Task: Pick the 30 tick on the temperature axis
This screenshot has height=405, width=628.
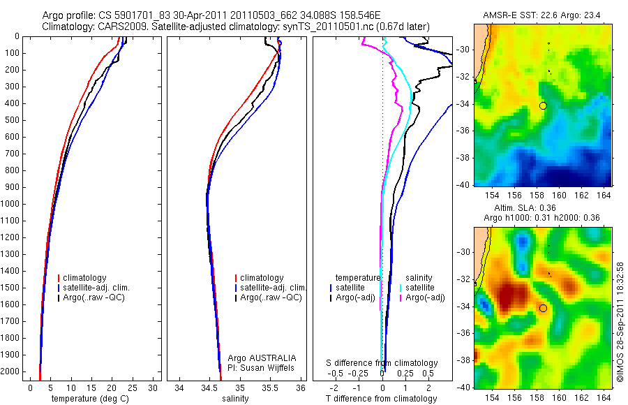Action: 154,388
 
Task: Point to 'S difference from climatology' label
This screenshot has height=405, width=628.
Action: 382,363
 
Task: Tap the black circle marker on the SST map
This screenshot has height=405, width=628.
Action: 543,105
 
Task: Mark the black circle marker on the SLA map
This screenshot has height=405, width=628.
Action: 543,308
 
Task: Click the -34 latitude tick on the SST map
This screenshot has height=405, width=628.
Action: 465,105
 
